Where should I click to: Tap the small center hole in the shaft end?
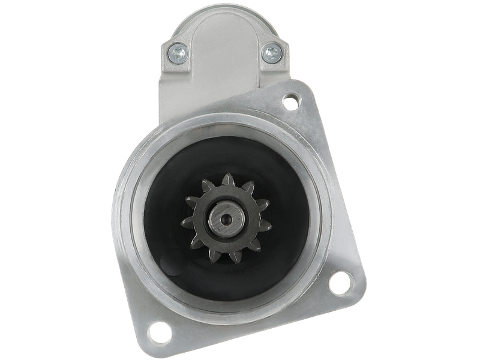pyautogui.click(x=226, y=220)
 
